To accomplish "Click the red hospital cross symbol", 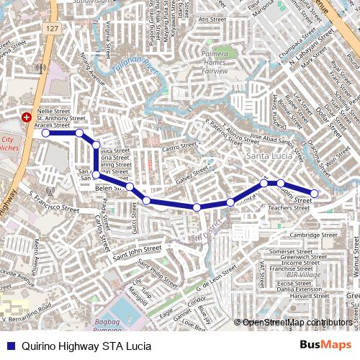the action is [27, 116].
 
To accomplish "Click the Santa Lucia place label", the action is [267, 156].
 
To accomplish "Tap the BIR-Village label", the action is [303, 275].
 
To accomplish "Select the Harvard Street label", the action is [310, 295].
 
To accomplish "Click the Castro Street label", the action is [179, 147].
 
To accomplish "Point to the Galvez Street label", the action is [192, 171].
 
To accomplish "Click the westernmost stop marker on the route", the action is [46, 133].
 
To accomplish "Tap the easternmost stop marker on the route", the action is [314, 193].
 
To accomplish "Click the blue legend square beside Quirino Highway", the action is [10, 346].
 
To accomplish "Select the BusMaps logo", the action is [325, 346].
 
